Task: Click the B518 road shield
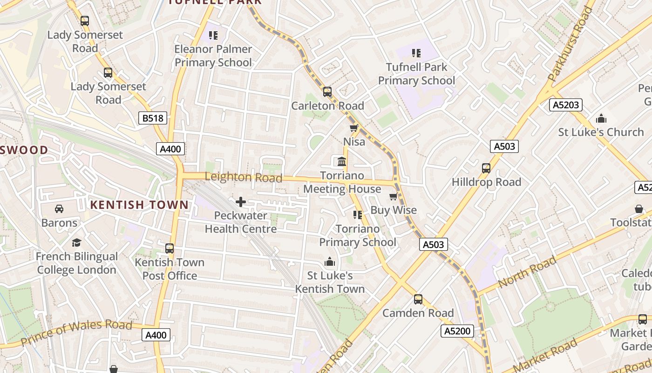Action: tap(153, 118)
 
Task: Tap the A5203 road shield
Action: tap(566, 105)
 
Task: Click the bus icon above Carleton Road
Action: tap(327, 91)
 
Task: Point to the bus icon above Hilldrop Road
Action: tap(486, 168)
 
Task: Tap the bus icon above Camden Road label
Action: tap(418, 299)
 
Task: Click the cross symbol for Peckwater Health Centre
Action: tap(241, 202)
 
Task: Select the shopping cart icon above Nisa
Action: tap(353, 128)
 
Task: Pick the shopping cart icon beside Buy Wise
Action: tap(393, 196)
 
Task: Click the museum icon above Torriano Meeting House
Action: tap(342, 162)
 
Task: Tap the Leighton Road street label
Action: tap(244, 177)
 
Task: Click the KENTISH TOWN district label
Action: tap(139, 204)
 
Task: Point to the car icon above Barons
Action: tap(59, 208)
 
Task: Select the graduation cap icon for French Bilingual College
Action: tap(76, 242)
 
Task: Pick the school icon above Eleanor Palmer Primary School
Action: tap(213, 35)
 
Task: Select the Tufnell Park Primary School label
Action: tap(416, 74)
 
